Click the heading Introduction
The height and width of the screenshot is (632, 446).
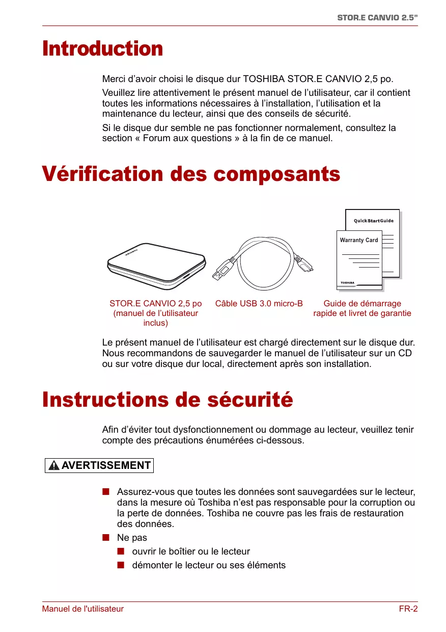click(x=102, y=49)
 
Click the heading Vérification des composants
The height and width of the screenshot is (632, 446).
click(x=191, y=174)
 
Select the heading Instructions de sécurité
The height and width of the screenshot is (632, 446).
click(x=168, y=399)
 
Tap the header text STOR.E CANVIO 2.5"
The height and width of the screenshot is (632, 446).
click(x=377, y=17)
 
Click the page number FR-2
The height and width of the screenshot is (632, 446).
click(x=408, y=609)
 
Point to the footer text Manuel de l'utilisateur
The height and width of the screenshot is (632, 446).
click(x=82, y=609)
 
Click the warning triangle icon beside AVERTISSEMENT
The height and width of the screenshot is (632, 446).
click(x=54, y=466)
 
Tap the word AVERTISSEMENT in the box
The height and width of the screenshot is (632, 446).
click(x=106, y=465)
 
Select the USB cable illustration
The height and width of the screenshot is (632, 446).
click(x=262, y=262)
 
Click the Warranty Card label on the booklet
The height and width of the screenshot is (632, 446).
click(x=359, y=240)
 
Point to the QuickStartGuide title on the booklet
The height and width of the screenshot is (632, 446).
click(x=374, y=221)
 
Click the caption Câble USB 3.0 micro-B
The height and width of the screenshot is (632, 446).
click(x=259, y=304)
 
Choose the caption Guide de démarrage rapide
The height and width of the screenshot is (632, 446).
click(x=362, y=308)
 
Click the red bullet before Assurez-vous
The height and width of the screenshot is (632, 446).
click(x=106, y=492)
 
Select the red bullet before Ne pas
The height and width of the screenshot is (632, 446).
click(x=106, y=538)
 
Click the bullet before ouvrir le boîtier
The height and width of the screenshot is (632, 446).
click(x=121, y=551)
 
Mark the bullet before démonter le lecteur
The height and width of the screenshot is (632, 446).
click(x=121, y=565)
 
